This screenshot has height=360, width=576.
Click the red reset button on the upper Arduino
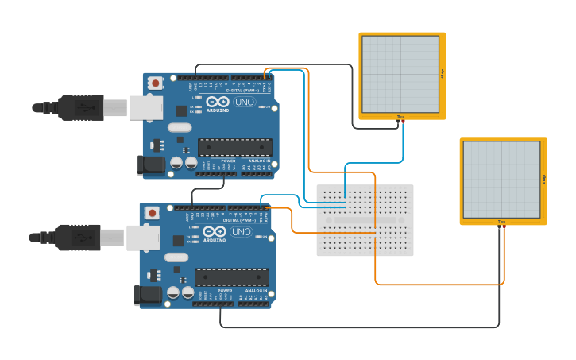click(x=156, y=83)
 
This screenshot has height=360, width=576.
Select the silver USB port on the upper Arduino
click(x=146, y=108)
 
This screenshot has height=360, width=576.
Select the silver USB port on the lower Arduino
click(x=143, y=238)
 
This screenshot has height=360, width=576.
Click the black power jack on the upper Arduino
click(x=151, y=165)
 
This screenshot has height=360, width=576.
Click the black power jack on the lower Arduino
click(x=148, y=295)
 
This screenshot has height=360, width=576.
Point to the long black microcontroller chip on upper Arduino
click(x=234, y=147)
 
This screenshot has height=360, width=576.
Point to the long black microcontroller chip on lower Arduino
click(x=231, y=277)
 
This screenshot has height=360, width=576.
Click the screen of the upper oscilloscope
click(x=401, y=74)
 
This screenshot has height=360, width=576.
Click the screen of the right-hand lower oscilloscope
click(x=502, y=180)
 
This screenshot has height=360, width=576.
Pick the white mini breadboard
click(x=365, y=220)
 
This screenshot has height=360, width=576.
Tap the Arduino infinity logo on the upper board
click(x=218, y=101)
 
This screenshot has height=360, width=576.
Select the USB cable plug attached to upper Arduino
click(x=79, y=107)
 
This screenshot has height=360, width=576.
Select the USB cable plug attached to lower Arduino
click(x=76, y=237)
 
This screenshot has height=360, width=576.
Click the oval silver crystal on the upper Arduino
click(x=180, y=127)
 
